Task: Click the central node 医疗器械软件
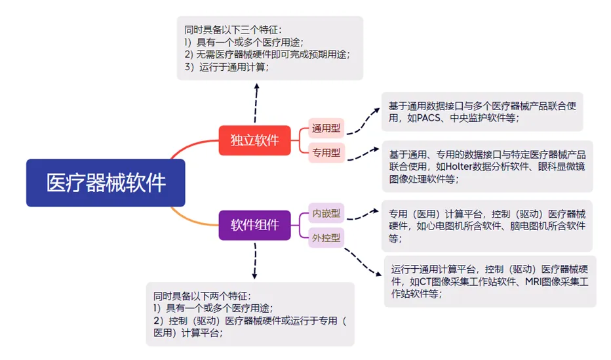tap(106, 183)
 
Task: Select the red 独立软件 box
tap(254, 140)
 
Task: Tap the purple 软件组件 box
tap(254, 225)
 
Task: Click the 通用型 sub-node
tap(326, 129)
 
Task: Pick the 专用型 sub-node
tap(326, 153)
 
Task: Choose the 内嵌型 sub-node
tap(326, 213)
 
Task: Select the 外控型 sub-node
tap(326, 237)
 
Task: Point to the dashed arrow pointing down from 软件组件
tap(254, 259)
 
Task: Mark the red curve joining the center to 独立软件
tap(191, 148)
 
